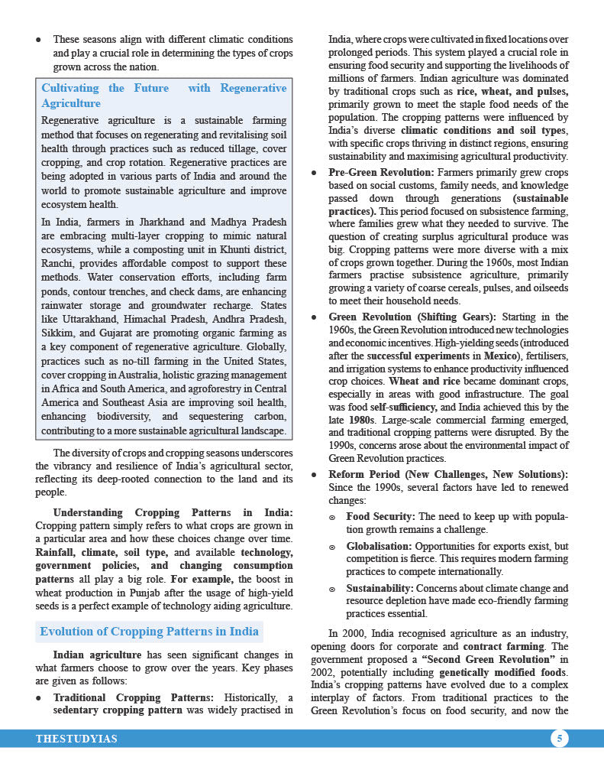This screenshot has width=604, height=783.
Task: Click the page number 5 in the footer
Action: [x=560, y=739]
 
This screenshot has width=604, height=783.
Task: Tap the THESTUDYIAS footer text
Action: [x=76, y=739]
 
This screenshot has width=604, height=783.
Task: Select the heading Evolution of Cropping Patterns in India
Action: [x=149, y=632]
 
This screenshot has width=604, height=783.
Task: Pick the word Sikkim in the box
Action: [x=59, y=333]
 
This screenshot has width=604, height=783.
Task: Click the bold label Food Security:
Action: [x=380, y=517]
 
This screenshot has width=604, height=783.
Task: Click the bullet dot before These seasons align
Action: [x=38, y=39]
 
